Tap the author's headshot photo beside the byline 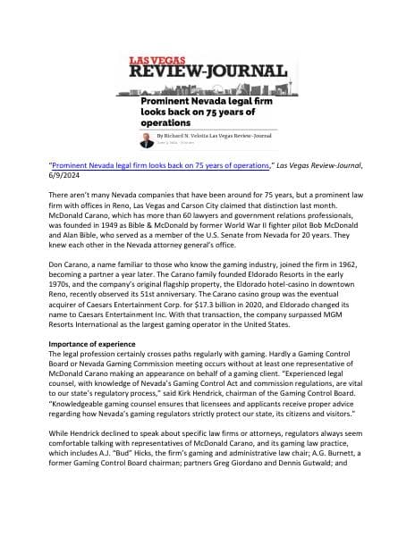(x=146, y=138)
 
